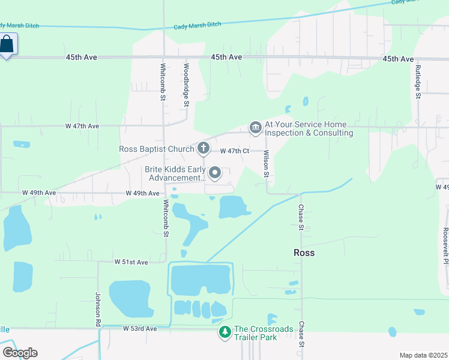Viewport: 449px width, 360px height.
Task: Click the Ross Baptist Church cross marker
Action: [x=203, y=148]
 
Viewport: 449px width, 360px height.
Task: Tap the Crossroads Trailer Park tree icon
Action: [x=224, y=332]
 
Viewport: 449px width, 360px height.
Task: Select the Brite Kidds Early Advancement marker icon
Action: [x=214, y=173]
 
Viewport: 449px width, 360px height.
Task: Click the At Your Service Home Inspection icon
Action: [x=255, y=127]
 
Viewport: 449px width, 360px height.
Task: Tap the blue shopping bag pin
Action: [x=7, y=44]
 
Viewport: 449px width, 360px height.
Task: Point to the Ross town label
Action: [x=304, y=253]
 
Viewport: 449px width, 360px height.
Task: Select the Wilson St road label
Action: [x=265, y=163]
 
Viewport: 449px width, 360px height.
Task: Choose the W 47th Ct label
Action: [x=234, y=151]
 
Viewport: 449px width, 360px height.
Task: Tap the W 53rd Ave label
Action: [x=139, y=329]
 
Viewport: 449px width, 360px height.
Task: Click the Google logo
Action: [x=20, y=352]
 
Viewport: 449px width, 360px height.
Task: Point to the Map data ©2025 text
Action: [x=423, y=355]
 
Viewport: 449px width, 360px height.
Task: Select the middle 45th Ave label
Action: [x=226, y=57]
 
